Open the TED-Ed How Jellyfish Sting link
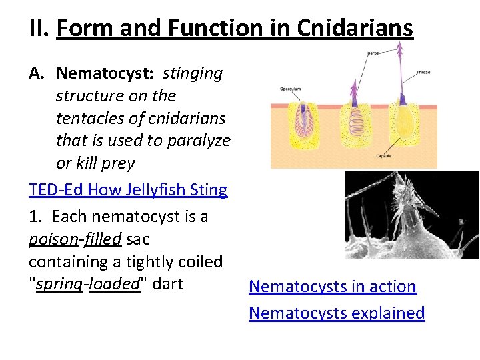(128, 190)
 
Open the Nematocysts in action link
(332, 287)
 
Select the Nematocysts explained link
(337, 313)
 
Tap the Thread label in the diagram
(423, 72)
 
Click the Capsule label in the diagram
(384, 155)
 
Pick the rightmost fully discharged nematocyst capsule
(405, 127)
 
